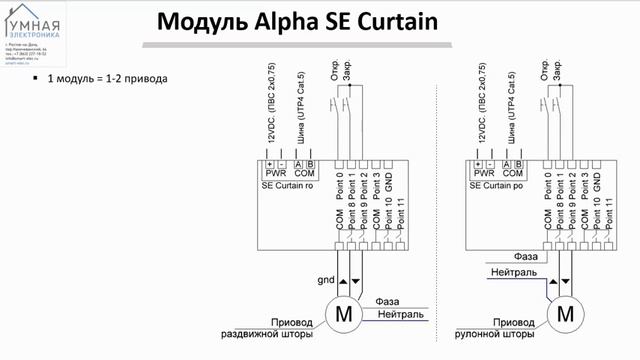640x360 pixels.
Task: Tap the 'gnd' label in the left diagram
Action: [x=324, y=280]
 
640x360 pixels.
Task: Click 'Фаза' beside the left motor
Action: [x=388, y=301]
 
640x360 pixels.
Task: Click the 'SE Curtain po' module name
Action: [x=499, y=187]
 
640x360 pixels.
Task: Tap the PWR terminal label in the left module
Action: [x=275, y=173]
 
